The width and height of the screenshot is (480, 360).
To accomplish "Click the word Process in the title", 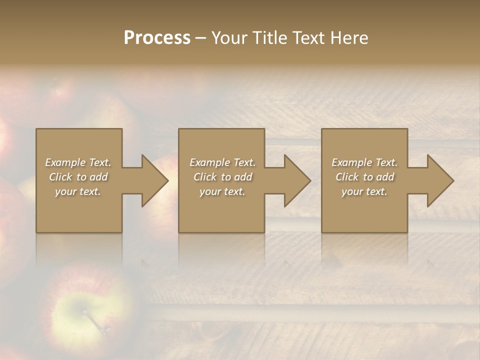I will click(157, 38).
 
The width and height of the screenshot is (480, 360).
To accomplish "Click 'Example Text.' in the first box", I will click(78, 162).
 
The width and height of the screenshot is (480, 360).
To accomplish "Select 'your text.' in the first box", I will click(78, 191).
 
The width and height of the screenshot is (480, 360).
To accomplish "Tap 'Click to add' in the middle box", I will click(222, 177).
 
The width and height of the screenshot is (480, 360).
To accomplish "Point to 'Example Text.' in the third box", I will click(364, 162).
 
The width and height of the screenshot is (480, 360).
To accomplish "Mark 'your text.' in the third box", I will click(364, 191).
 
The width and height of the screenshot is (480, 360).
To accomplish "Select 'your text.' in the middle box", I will click(222, 191).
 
